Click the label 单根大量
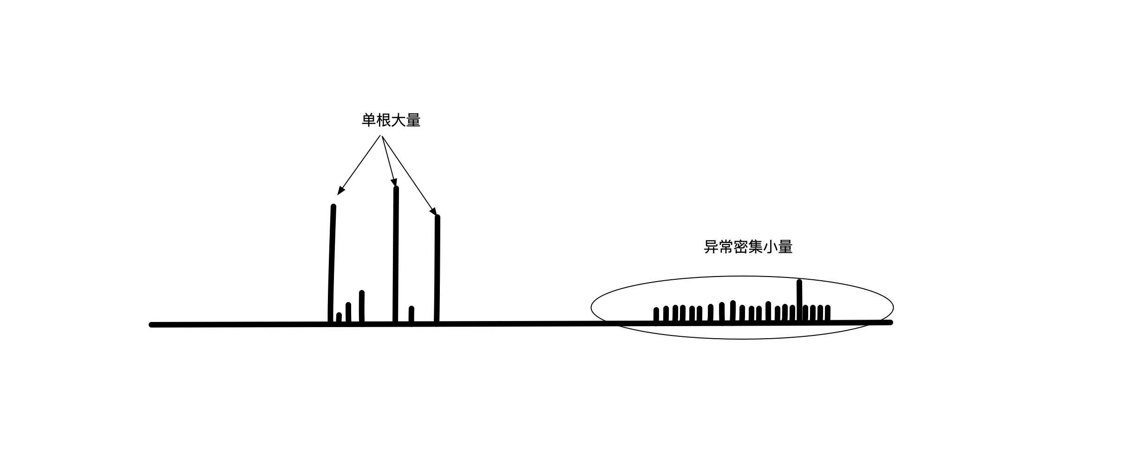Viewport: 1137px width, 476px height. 391,121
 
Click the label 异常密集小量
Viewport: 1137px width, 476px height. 748,247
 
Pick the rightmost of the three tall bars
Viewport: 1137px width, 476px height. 437,269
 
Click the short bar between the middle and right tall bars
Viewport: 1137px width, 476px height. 412,315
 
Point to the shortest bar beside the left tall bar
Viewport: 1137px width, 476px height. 339,318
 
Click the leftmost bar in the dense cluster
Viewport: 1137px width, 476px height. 656,315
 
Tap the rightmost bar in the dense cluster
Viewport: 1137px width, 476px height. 827,314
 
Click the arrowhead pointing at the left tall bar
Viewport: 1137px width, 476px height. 340,190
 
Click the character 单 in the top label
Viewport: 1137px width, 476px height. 369,121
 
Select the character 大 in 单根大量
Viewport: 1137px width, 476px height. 398,121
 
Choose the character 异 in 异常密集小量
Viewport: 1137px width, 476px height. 711,247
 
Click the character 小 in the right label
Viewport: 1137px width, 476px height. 770,247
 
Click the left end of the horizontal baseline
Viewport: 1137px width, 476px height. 152,325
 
